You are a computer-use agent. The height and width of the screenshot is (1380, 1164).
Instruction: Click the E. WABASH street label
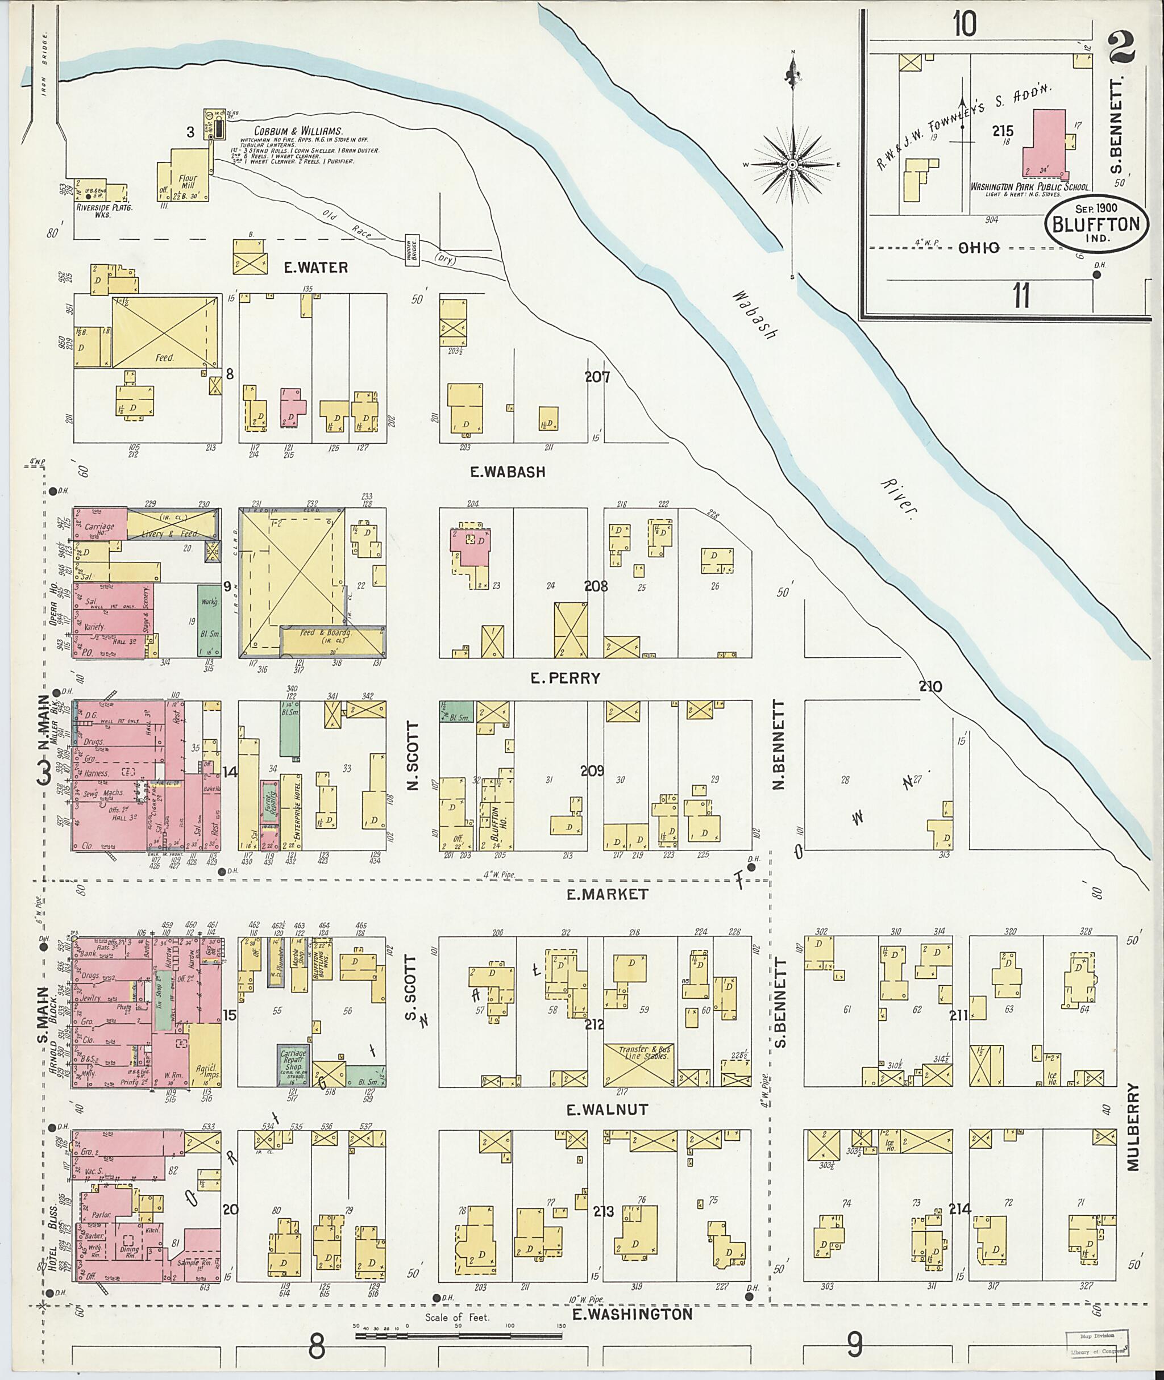pos(508,472)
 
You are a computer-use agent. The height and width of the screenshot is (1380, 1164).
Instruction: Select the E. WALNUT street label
pos(608,1110)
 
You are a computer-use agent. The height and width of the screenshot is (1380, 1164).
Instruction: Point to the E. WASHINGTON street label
pos(631,1314)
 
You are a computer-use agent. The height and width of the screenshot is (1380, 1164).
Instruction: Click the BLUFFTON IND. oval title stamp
pos(1096,224)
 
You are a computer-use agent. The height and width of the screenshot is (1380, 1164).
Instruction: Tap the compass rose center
pos(792,164)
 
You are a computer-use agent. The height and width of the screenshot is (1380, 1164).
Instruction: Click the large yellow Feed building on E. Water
pos(165,331)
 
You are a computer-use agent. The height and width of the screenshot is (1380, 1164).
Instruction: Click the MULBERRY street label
pos(1134,1127)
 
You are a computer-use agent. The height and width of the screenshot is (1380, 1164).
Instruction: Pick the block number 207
pos(597,377)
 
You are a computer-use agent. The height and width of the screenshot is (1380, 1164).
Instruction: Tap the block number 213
pos(603,1211)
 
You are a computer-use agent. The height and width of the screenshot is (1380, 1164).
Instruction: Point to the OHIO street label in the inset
pos(979,248)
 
